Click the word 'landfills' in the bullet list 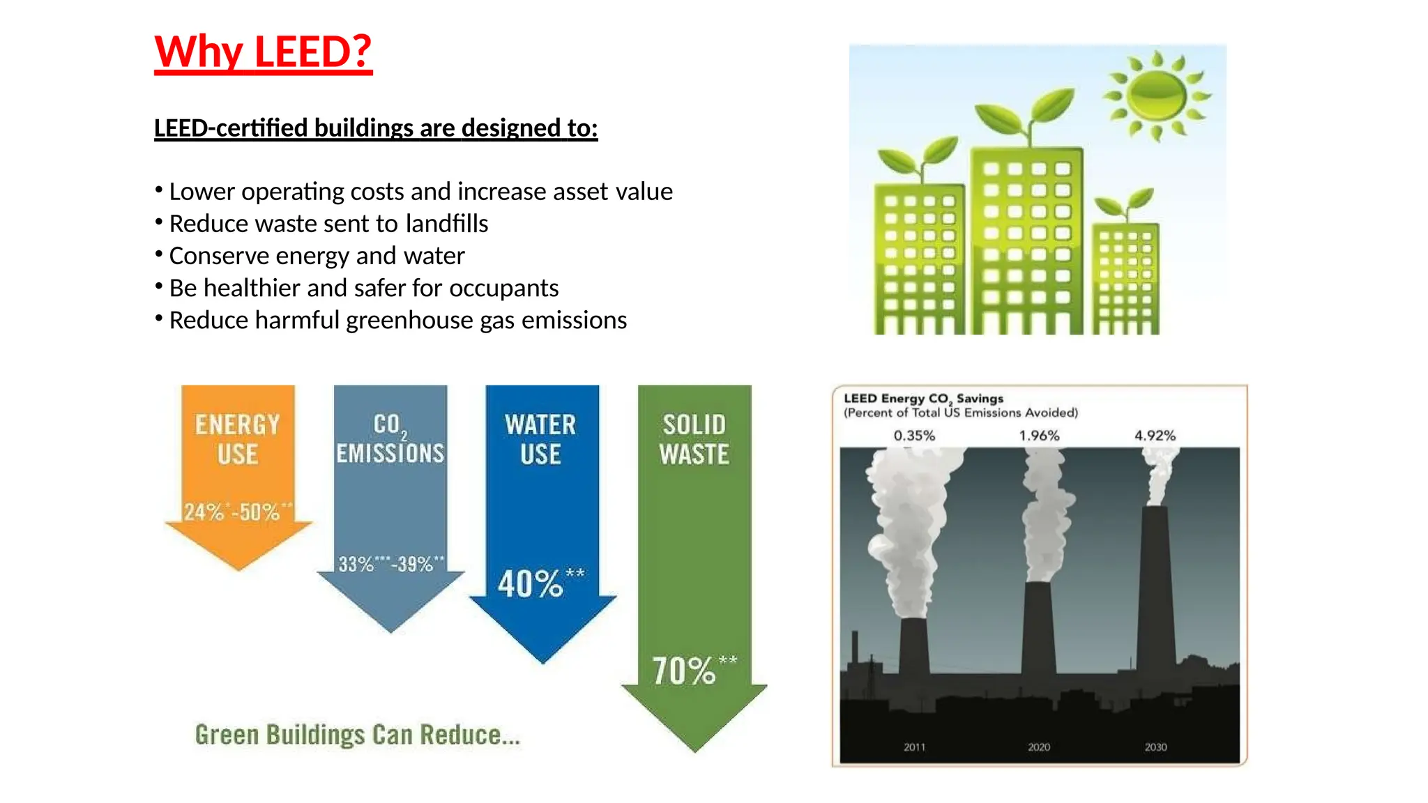click(446, 224)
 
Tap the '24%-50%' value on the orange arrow click(238, 512)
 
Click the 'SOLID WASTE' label click(694, 439)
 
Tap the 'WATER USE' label click(540, 439)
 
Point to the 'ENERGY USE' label click(237, 439)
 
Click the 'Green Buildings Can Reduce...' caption click(357, 735)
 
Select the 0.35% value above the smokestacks click(914, 436)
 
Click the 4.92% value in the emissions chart click(1155, 436)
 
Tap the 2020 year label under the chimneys click(1038, 747)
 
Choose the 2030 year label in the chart click(1155, 747)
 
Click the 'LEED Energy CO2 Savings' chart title click(923, 399)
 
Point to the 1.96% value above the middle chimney click(1039, 436)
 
